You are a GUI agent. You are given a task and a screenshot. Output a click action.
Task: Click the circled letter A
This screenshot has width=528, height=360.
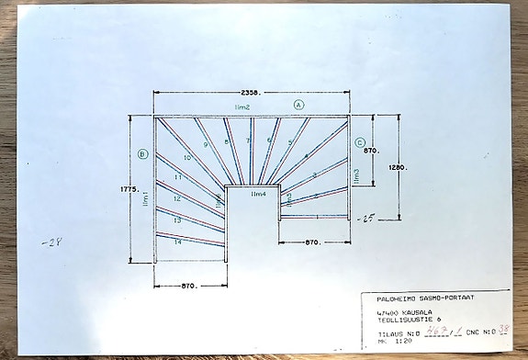pos(299,106)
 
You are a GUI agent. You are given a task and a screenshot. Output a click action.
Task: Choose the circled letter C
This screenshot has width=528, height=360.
pos(360,142)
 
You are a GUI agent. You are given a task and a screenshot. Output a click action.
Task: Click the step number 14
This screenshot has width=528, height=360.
pos(177,242)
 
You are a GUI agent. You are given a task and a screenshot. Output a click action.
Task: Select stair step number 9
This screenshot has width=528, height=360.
pos(206,144)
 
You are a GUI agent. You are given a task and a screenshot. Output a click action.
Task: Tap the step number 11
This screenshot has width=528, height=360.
pos(177,176)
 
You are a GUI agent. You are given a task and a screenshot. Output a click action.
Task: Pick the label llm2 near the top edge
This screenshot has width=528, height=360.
pos(242,108)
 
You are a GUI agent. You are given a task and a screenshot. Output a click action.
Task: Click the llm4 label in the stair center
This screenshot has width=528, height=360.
pos(258,194)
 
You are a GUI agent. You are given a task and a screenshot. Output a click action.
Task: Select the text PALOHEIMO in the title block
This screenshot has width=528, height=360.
pos(387,297)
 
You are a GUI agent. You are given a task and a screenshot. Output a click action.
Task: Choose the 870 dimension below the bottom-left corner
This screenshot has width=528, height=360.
pos(191,287)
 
